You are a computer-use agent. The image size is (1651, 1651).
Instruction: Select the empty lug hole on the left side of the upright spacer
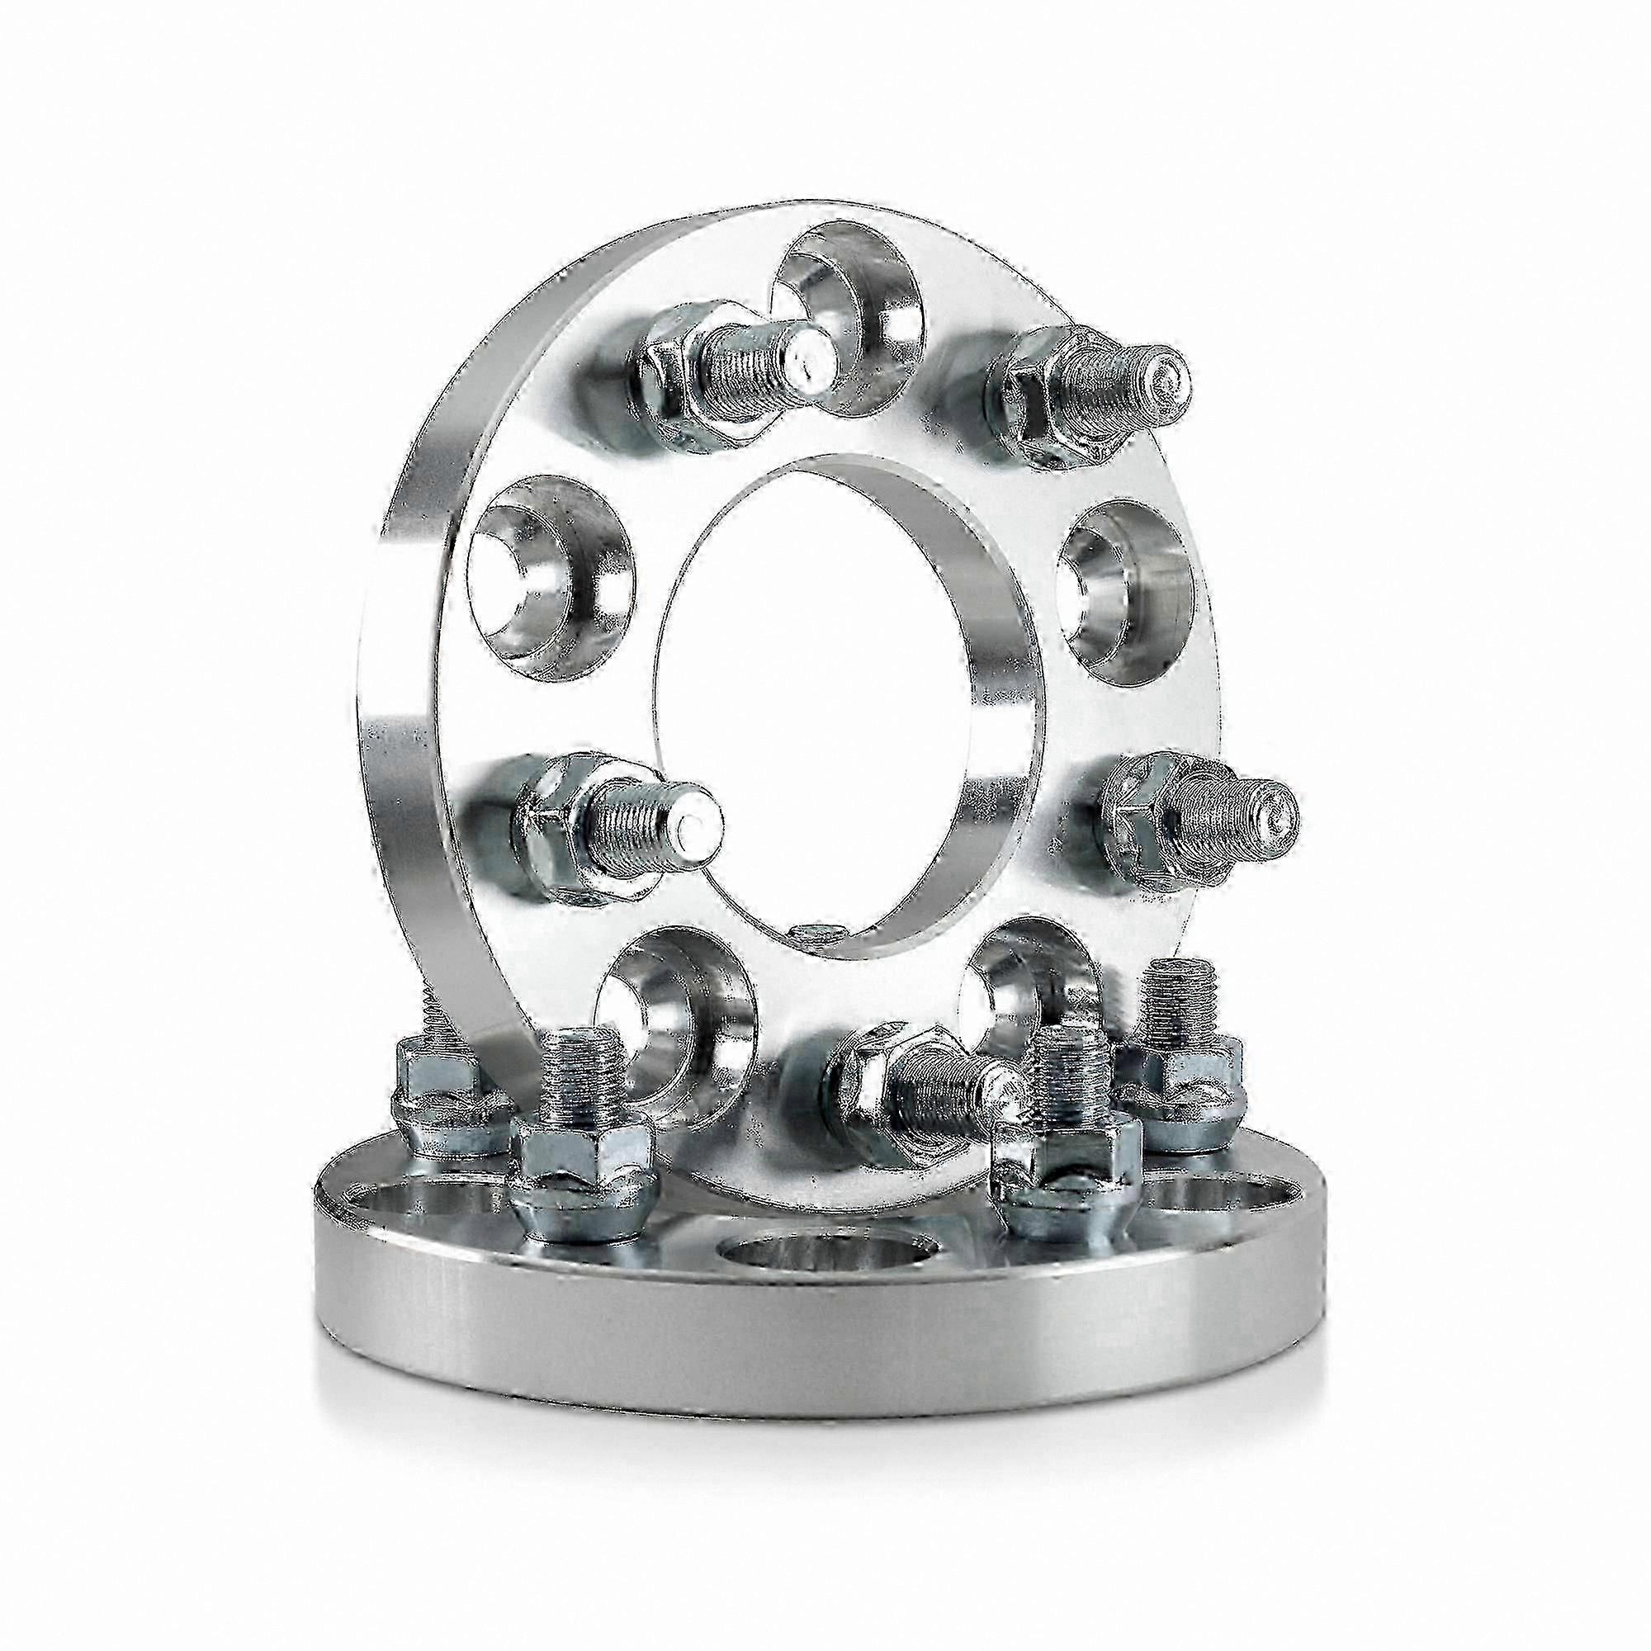point(551,573)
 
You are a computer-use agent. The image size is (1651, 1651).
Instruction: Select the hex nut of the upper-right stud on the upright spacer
point(1038,402)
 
